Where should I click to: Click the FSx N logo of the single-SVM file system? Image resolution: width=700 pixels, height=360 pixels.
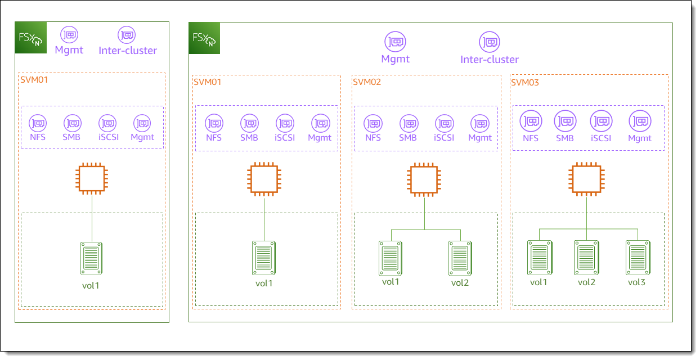pyautogui.click(x=30, y=38)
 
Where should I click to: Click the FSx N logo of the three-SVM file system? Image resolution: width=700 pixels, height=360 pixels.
pyautogui.click(x=204, y=38)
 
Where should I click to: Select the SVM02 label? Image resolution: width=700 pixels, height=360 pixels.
pyautogui.click(x=367, y=82)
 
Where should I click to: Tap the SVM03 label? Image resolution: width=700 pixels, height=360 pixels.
pyautogui.click(x=525, y=83)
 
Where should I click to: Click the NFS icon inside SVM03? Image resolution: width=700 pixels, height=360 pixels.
pyautogui.click(x=530, y=120)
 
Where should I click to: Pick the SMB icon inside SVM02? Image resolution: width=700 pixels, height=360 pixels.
pyautogui.click(x=409, y=124)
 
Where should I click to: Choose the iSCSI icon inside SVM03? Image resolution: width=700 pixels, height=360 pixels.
pyautogui.click(x=601, y=120)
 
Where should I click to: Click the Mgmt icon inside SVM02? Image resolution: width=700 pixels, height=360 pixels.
pyautogui.click(x=480, y=124)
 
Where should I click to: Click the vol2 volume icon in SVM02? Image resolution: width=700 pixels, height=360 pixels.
pyautogui.click(x=460, y=258)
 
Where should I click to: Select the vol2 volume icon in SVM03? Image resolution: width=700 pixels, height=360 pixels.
pyautogui.click(x=586, y=257)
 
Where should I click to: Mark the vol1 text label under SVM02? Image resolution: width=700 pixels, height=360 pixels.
pyautogui.click(x=391, y=281)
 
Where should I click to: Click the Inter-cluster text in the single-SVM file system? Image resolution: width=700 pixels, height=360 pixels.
pyautogui.click(x=128, y=51)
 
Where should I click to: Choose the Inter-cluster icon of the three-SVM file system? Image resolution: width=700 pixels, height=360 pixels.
pyautogui.click(x=490, y=42)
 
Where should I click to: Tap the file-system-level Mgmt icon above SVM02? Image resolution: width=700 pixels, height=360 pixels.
pyautogui.click(x=395, y=42)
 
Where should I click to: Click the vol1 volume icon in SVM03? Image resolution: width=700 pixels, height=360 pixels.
pyautogui.click(x=539, y=257)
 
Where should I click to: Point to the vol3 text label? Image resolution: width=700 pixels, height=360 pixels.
pyautogui.click(x=636, y=282)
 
